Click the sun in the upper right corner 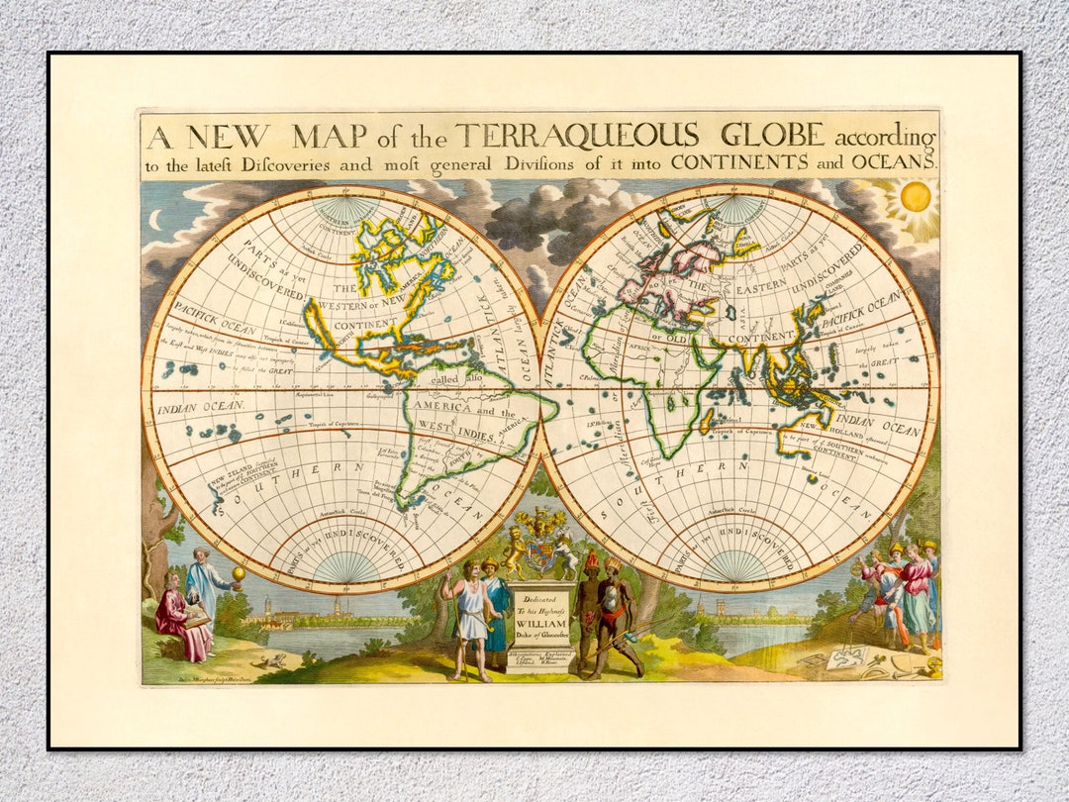(916, 196)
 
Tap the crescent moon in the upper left (154, 220)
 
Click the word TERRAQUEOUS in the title (577, 136)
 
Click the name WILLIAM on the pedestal (540, 626)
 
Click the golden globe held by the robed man (239, 573)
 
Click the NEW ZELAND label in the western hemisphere (231, 482)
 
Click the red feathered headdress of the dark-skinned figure (593, 561)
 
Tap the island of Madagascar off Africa (707, 422)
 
